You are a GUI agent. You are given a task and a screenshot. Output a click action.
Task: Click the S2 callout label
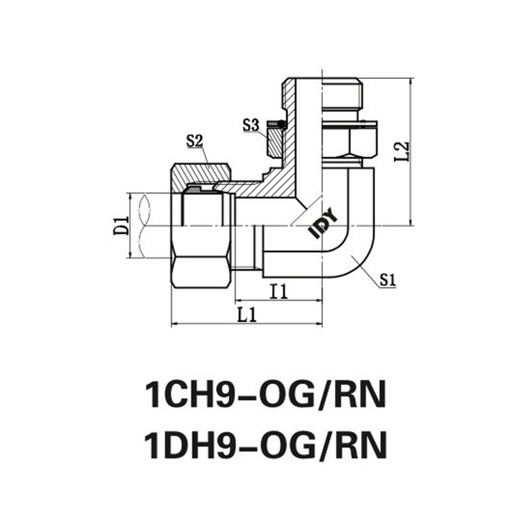(195, 140)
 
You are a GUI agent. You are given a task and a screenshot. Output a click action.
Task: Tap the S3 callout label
(251, 125)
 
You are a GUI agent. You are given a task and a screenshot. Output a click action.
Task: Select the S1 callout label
(387, 280)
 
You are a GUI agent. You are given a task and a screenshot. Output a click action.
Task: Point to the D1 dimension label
(120, 224)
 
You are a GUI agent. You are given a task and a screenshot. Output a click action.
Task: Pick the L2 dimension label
(402, 151)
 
